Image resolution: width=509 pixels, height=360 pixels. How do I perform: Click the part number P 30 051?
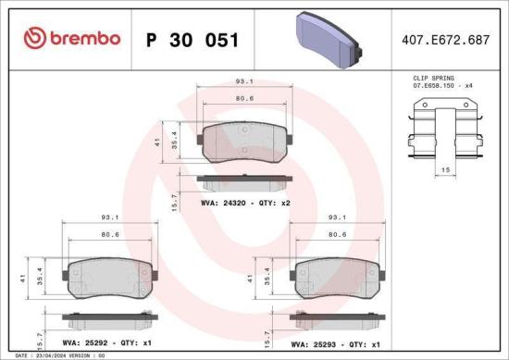[193, 40]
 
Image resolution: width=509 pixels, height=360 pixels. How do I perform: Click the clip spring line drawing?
[445, 134]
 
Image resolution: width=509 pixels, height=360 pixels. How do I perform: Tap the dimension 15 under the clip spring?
[445, 171]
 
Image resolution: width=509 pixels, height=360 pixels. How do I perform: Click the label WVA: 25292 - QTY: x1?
[107, 342]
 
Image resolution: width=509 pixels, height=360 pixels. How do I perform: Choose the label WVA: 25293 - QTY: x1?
[338, 342]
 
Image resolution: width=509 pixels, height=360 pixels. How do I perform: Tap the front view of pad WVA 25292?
[107, 279]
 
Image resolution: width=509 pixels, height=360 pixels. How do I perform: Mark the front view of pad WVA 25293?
[338, 279]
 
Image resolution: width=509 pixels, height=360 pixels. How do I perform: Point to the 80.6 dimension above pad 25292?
[109, 235]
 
